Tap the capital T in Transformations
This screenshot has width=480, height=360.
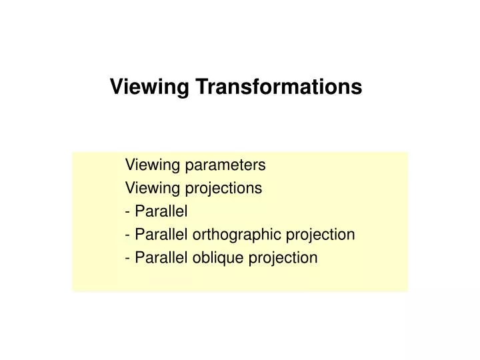point(201,87)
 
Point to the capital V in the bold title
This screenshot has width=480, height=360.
point(115,87)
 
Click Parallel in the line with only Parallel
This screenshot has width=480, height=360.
point(162,211)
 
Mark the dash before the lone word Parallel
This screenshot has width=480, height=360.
point(127,212)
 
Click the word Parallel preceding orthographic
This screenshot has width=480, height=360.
point(162,235)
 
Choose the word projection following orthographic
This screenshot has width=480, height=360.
point(320,235)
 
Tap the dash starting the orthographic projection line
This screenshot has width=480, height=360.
point(127,235)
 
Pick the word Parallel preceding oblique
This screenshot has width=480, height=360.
point(162,257)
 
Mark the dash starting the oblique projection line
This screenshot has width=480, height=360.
point(127,258)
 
